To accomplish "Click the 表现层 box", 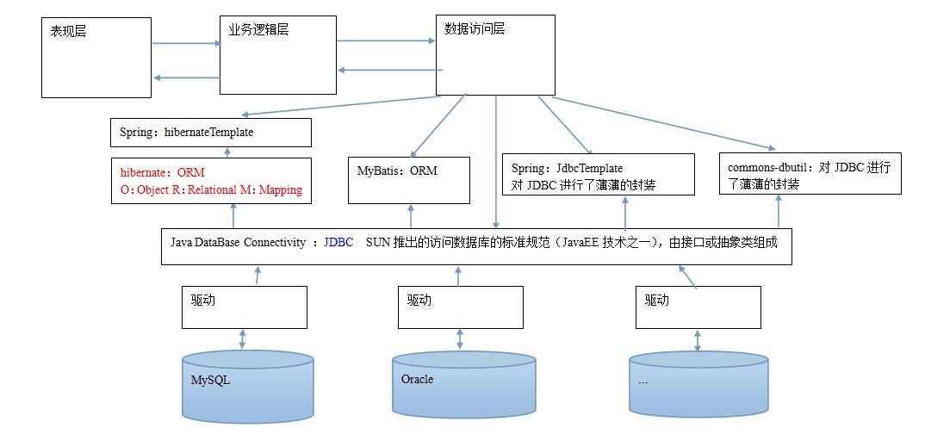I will click(x=96, y=58).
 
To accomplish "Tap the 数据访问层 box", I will click(x=494, y=54).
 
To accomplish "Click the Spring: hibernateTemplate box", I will click(x=210, y=133).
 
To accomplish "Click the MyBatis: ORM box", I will click(x=409, y=180).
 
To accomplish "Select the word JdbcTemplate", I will click(x=591, y=169).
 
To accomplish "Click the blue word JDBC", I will click(x=338, y=243).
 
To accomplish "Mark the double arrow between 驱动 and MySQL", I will click(x=243, y=338).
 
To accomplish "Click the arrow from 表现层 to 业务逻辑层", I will click(x=184, y=43).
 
